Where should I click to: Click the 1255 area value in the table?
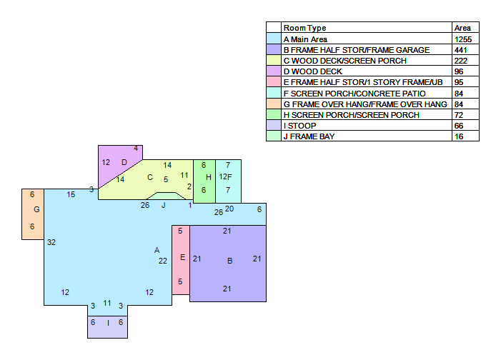tap(463, 39)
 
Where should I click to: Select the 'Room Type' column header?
tap(305, 28)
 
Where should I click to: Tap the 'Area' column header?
tap(462, 28)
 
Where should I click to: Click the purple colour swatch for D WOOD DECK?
tap(274, 71)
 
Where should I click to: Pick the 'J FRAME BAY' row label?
tap(309, 136)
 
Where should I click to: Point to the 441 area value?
tap(461, 50)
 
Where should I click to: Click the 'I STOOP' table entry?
tap(299, 126)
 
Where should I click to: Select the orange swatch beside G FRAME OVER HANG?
tap(274, 104)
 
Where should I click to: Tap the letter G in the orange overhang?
tap(36, 209)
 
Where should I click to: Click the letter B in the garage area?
tap(229, 261)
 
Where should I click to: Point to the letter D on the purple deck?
tap(124, 162)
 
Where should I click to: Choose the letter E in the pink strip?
tap(182, 257)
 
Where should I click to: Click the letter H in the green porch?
tap(209, 177)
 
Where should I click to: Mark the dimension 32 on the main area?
tap(51, 242)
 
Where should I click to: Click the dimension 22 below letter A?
tap(163, 261)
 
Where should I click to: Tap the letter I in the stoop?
tap(108, 323)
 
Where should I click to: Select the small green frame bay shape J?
tap(166, 196)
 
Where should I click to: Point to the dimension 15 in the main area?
tap(71, 194)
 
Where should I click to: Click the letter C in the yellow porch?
tap(150, 177)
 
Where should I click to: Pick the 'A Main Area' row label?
tap(305, 39)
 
